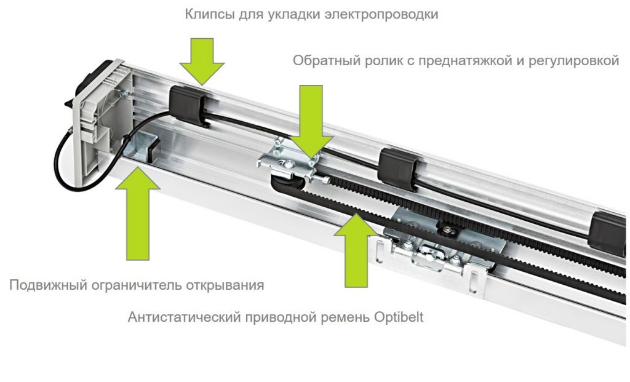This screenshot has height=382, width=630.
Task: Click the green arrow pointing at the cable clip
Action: pyautogui.click(x=203, y=59)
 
